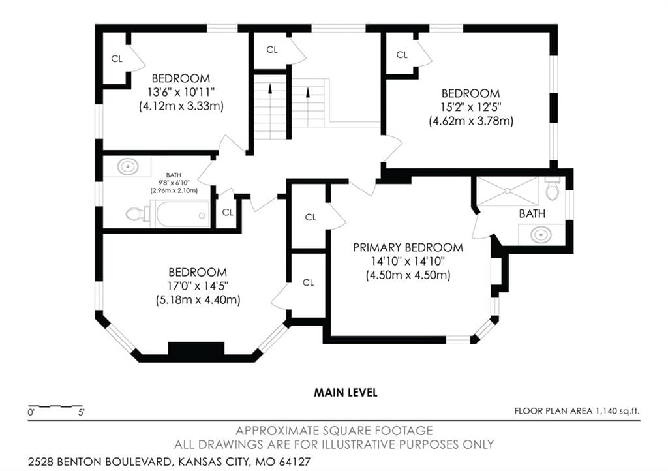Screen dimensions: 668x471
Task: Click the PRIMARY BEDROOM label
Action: click(x=408, y=247)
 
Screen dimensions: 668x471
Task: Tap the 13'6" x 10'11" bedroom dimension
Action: click(x=181, y=92)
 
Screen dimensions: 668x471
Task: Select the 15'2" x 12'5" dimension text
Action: click(x=471, y=107)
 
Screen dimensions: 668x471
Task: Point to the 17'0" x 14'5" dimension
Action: click(x=198, y=286)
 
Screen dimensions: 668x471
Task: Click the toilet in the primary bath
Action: click(x=552, y=189)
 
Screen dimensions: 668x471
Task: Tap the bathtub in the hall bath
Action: click(x=183, y=214)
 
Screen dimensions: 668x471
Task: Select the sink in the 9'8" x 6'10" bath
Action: click(x=128, y=166)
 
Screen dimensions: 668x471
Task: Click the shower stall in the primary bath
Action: click(x=508, y=192)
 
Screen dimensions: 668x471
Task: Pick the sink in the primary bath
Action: click(x=541, y=235)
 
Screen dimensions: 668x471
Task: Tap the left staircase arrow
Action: click(x=270, y=88)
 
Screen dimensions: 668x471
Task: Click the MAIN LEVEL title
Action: click(x=346, y=392)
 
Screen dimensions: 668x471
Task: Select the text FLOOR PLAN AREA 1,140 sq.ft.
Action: click(x=577, y=411)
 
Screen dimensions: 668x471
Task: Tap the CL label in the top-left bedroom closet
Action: click(x=117, y=59)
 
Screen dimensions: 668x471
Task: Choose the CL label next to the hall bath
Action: click(x=228, y=212)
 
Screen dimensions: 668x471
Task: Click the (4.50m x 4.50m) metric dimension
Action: click(x=408, y=275)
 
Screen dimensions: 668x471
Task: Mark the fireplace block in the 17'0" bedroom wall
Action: click(x=196, y=348)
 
